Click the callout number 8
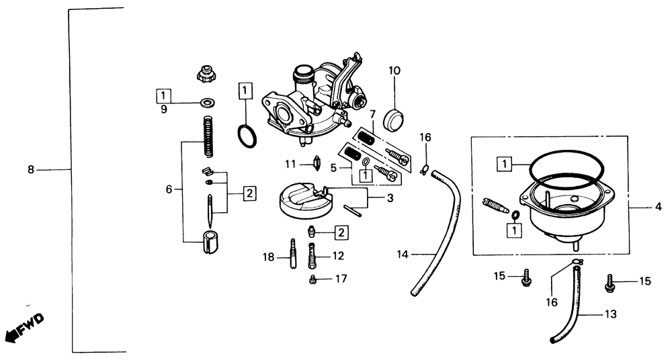(x=30, y=171)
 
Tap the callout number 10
(x=394, y=70)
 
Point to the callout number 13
(x=610, y=313)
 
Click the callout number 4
(x=659, y=207)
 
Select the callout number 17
(x=342, y=278)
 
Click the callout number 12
(x=337, y=255)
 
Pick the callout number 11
(x=290, y=163)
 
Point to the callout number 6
(x=169, y=190)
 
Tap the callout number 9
(x=163, y=109)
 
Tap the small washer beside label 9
(x=206, y=103)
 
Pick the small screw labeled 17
(x=312, y=279)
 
